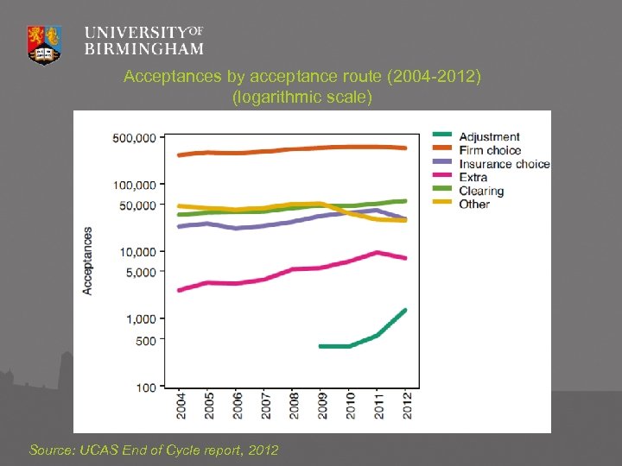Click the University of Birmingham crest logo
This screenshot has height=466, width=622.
pos(44,43)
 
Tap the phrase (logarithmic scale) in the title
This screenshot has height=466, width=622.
pos(302,98)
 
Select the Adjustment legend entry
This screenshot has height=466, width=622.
pos(489,136)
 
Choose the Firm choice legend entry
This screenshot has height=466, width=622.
pos(490,150)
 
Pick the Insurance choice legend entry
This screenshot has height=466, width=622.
pos(504,164)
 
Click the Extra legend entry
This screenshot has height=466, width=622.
pos(473,177)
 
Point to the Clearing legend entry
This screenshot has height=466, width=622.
pos(481,191)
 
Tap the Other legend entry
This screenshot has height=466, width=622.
pos(474,205)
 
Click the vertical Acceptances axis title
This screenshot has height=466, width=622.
pos(88,261)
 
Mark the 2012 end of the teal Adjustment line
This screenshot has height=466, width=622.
pos(405,310)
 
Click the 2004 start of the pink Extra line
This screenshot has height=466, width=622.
pos(179,290)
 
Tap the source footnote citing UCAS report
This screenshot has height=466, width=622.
pos(154,450)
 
